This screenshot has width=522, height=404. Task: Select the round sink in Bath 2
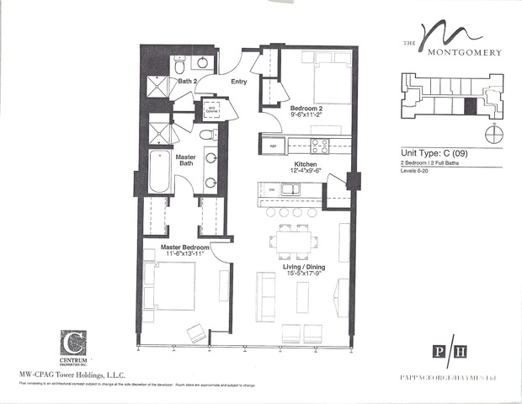click(203, 63)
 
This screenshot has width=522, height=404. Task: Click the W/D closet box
click(210, 110)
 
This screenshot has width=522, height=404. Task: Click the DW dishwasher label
click(273, 190)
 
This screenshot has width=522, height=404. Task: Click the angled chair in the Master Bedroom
click(194, 333)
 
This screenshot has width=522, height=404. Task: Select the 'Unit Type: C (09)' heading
click(434, 152)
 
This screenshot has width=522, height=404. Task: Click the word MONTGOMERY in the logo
click(462, 52)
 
